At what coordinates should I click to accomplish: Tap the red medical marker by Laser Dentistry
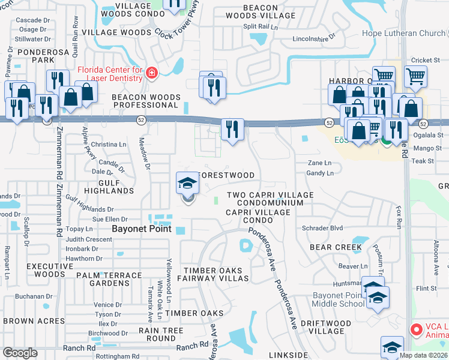[x=151, y=74]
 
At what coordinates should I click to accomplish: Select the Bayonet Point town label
[x=142, y=229]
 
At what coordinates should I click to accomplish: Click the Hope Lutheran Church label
[x=406, y=34]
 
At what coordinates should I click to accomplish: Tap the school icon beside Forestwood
[x=187, y=183]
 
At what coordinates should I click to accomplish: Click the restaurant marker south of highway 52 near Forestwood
[x=232, y=129]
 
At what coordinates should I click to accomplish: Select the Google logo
[x=20, y=353]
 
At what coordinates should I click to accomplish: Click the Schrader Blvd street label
[x=322, y=229]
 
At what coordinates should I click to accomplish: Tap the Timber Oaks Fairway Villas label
[x=216, y=274]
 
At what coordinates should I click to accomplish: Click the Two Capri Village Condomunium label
[x=270, y=199]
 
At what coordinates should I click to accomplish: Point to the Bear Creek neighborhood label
[x=336, y=247]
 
